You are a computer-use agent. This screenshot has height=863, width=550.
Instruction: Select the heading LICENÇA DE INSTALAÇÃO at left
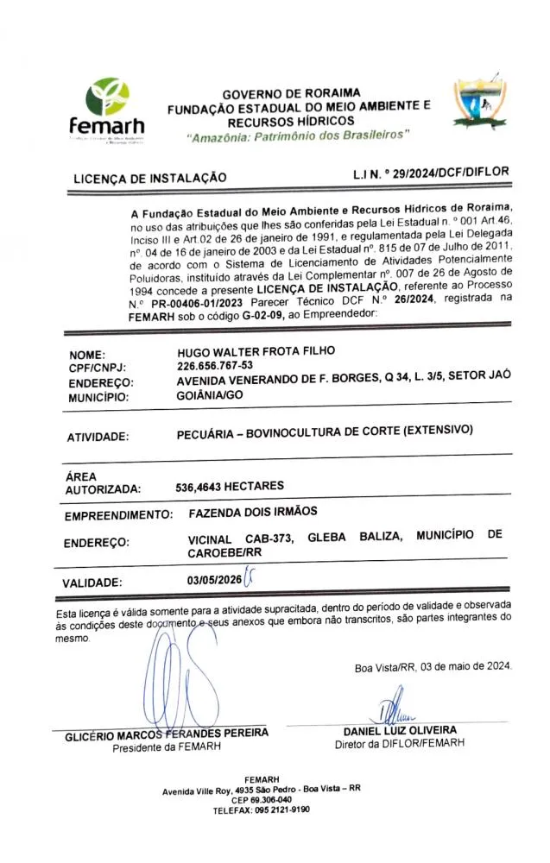(150, 178)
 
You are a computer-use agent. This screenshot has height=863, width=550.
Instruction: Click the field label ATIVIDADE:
(98, 437)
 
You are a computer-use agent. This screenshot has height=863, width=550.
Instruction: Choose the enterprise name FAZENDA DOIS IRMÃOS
(253, 512)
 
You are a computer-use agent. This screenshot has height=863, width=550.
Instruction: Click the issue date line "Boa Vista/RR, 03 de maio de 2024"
(433, 666)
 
